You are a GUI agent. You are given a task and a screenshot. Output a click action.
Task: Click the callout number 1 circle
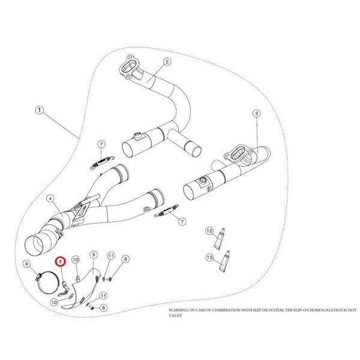40,110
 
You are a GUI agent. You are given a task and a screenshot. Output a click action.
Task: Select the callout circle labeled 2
166,61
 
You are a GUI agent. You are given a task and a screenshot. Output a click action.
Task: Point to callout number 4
50,199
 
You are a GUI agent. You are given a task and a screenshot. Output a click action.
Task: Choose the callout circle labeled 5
93,255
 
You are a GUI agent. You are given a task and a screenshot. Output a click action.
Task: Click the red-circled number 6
60,262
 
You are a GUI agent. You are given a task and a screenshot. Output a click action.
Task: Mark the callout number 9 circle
27,264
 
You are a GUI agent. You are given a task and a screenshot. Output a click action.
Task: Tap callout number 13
209,257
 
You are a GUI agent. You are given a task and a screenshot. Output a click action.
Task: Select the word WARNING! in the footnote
179,311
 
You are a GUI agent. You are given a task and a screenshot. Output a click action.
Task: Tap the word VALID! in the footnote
176,316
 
